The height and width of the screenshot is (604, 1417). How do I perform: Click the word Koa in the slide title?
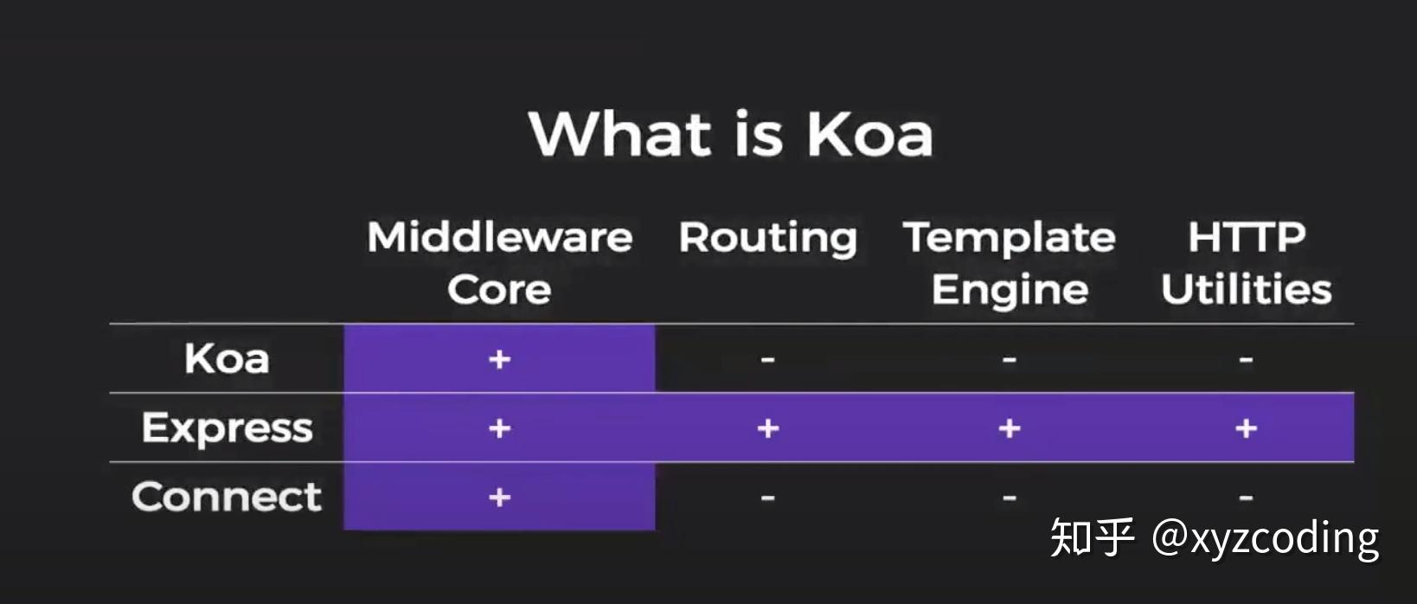coord(869,135)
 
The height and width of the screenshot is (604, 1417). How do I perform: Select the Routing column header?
coord(767,238)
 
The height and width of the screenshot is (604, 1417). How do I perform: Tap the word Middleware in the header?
coord(500,237)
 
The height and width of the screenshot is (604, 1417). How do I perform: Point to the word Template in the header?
coord(1010,237)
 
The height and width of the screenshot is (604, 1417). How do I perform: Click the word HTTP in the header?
coord(1246,237)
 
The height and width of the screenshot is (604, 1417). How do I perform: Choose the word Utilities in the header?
coord(1246,289)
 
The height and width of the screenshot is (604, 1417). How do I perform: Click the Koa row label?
coord(227,358)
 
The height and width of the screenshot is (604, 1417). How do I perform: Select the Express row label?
coord(227,428)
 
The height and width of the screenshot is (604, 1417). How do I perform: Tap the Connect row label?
coord(227,497)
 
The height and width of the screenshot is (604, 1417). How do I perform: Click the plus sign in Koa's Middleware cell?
coord(499,359)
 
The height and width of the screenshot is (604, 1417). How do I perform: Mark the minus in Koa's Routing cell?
coord(767,359)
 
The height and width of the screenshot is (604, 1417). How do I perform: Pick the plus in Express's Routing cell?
coord(767,428)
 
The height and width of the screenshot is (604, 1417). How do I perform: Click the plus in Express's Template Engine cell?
coord(1009,428)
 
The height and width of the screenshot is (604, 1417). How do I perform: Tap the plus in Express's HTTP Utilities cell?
coord(1246,428)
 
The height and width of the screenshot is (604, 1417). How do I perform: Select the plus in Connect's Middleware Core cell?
coord(499,498)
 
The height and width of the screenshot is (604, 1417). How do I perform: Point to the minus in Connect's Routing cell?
coord(767,498)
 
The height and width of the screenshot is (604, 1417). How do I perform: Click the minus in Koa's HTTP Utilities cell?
coord(1246,359)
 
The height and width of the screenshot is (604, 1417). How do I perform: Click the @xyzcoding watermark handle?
coord(1265,538)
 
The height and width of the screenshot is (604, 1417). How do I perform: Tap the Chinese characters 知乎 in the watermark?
coord(1092,538)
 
